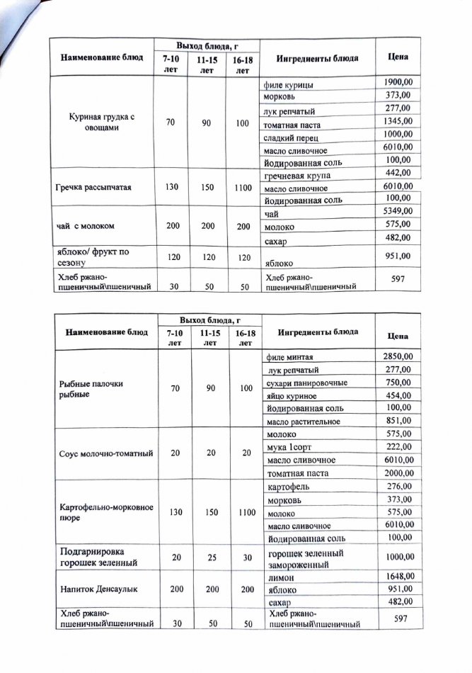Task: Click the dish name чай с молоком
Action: (x=85, y=226)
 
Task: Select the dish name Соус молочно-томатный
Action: (x=104, y=453)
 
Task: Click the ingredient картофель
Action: (x=289, y=487)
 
